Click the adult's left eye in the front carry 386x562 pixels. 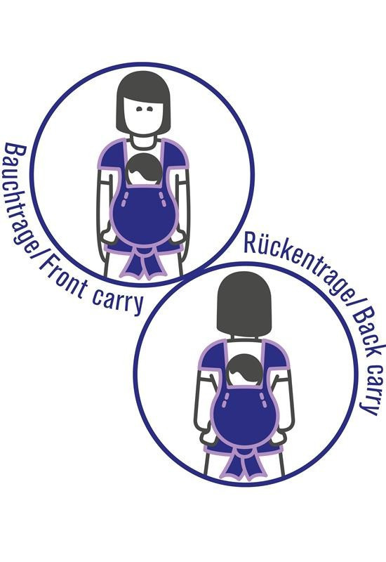tap(139, 109)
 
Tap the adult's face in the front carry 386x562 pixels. tap(144, 115)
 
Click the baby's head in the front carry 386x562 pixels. tap(144, 169)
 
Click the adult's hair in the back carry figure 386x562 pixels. tap(244, 304)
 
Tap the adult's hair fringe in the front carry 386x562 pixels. tap(144, 90)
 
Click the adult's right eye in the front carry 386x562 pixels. tap(150, 109)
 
